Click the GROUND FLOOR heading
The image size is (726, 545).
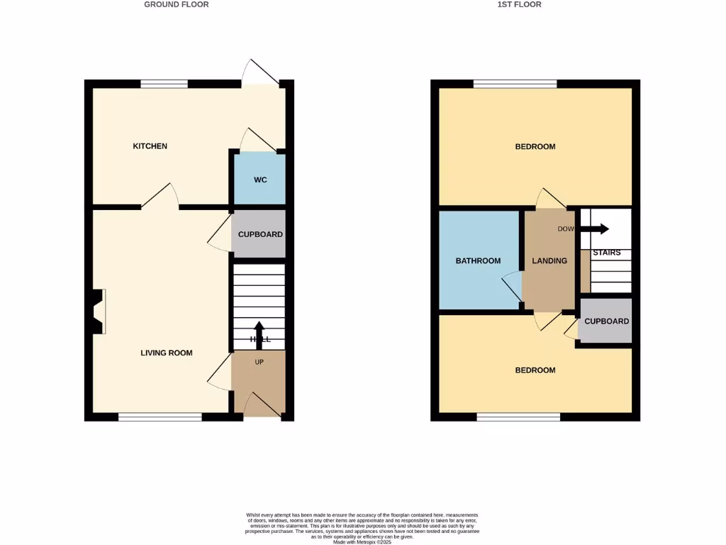click(177, 4)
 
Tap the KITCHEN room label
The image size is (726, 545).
click(150, 146)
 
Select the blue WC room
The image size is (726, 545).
click(260, 180)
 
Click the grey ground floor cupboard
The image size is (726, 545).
click(259, 234)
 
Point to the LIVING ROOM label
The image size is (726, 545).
click(167, 353)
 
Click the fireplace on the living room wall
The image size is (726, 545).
click(98, 311)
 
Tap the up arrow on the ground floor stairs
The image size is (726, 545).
click(259, 334)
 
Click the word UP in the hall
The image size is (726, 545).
click(259, 362)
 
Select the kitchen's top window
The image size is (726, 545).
click(164, 84)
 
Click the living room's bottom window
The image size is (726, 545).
click(160, 417)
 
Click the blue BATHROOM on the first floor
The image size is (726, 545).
click(479, 260)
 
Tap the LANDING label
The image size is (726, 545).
click(549, 260)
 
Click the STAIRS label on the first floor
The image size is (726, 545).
click(606, 253)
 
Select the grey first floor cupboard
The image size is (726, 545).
click(606, 321)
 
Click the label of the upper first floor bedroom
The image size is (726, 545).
click(535, 147)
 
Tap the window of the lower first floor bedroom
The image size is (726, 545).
click(518, 417)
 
